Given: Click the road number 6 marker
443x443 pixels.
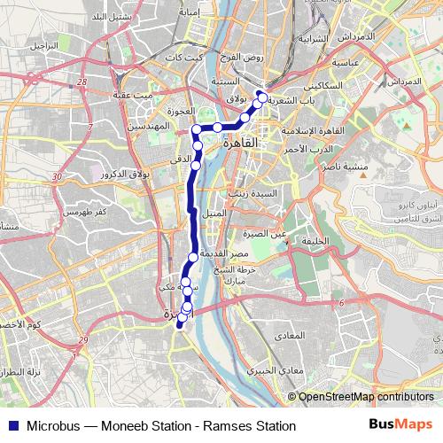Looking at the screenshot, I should [x=341, y=303].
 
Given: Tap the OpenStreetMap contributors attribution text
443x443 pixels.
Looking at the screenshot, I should [x=368, y=397].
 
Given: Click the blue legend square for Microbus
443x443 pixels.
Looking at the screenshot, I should [x=10, y=425].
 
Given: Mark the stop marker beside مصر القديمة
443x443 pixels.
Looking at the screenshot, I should [x=192, y=257].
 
